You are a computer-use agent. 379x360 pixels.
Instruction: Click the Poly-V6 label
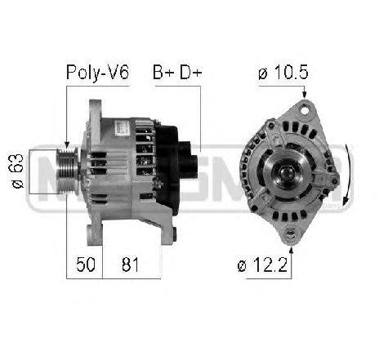97,73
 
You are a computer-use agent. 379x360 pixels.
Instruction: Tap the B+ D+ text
177,72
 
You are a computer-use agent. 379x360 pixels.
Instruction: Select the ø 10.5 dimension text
283,72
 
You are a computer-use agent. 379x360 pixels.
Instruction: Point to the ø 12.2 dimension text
262,264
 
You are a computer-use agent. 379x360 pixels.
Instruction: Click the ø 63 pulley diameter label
16,171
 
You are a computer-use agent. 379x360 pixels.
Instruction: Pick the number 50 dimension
86,264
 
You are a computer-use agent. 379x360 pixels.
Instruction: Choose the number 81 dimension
130,264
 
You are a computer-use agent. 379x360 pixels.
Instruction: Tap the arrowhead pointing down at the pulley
66,144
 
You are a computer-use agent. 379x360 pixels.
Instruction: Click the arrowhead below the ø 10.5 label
305,95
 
